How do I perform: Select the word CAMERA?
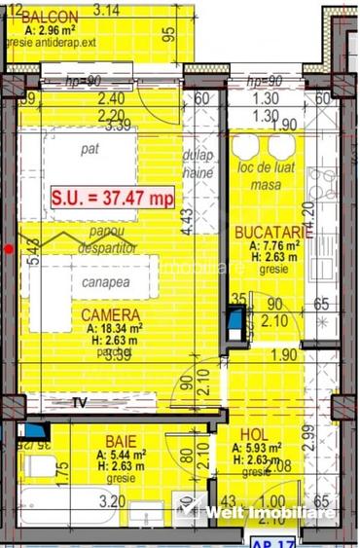click(x=110, y=314)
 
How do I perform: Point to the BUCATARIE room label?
click(x=273, y=233)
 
